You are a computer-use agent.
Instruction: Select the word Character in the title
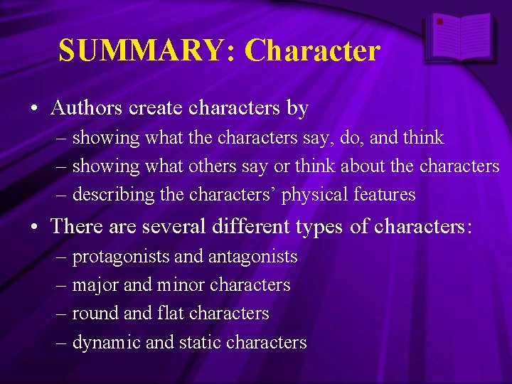tap(312, 51)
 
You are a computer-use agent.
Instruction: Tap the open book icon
tap(460, 38)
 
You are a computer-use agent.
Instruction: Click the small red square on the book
tap(440, 22)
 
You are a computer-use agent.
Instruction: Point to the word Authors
tap(85, 108)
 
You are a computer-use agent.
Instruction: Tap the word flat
tap(159, 314)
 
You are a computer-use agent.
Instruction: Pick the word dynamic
tap(107, 342)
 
